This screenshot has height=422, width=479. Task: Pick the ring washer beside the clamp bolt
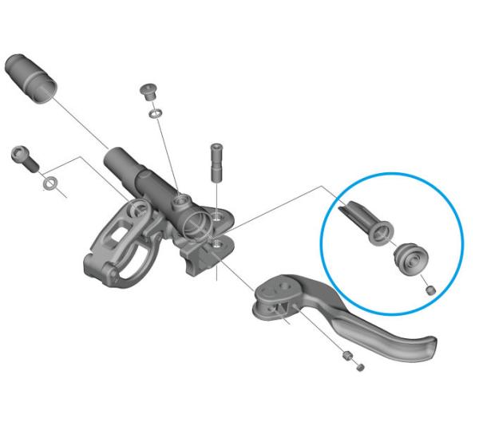coord(49,185)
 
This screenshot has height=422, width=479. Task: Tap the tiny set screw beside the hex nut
coord(360,367)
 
